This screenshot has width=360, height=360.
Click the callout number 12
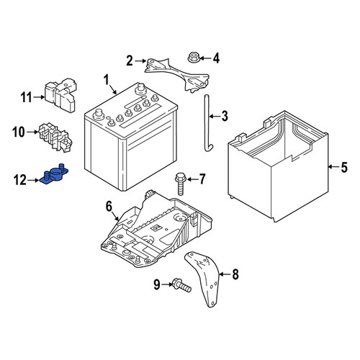point(20,180)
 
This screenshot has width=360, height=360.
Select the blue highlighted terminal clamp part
point(54,176)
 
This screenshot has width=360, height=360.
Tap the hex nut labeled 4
point(193,57)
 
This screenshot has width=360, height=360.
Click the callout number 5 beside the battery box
point(344,167)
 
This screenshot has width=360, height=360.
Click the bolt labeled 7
point(181,184)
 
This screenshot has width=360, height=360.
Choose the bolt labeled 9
point(181,285)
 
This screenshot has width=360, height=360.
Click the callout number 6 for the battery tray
point(109,207)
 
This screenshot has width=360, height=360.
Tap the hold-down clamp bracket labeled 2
point(176,74)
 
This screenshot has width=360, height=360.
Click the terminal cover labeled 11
point(60,95)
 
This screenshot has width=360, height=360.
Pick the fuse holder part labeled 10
point(55,138)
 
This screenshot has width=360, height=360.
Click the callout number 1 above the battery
point(106,80)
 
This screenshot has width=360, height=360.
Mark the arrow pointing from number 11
point(39,97)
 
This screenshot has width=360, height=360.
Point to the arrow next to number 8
point(225,274)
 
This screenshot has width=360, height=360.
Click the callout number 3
point(225,116)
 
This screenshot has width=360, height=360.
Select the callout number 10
point(19,132)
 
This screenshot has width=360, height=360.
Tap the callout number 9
point(157,284)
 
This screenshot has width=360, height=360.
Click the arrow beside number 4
point(204,58)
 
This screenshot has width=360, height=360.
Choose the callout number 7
point(202,179)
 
